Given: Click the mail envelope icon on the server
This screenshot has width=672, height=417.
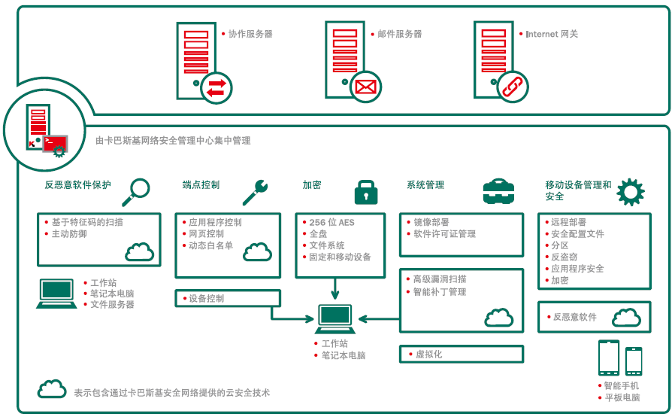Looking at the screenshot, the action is coord(365,87).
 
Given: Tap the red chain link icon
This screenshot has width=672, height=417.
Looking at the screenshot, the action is coord(513,87).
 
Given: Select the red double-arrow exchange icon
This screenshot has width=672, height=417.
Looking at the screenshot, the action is coord(216,88).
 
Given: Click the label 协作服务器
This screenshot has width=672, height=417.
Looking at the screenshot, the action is coord(250,34).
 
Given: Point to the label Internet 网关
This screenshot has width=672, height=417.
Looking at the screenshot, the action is coord(552,34).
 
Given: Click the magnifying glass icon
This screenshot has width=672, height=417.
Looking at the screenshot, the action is coord(136,192).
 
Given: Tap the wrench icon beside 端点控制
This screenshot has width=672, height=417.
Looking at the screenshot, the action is coord(256,192).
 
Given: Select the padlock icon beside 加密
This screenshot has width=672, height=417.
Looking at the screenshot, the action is coord(366,192).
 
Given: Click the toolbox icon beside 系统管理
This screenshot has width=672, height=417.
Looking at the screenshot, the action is coord(498,191).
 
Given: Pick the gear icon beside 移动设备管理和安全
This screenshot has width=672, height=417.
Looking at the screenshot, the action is coord(631,192).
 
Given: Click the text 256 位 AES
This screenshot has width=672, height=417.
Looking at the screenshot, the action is coord(331,222).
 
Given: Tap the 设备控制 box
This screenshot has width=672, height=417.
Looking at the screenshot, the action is coord(228,298).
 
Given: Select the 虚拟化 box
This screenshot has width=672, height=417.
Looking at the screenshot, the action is coord(462,354).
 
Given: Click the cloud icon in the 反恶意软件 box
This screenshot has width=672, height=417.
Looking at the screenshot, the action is coord(627,318).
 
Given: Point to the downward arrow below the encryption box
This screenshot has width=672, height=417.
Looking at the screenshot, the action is coord(335,288).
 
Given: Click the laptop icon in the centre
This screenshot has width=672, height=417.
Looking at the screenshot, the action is coord(335,318).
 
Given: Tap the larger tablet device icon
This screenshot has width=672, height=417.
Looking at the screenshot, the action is coord(609,358).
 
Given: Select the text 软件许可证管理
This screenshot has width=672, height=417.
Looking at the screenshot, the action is coord(444,234).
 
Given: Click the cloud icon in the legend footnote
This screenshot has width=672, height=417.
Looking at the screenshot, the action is coord(52,388).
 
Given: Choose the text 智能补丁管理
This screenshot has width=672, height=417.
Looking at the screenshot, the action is coord(440,292).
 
